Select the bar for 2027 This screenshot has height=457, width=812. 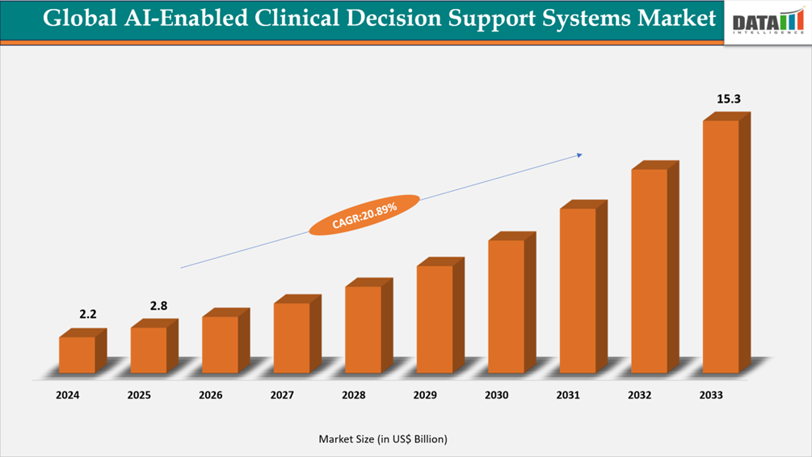point(292,337)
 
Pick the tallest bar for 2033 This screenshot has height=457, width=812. point(721,246)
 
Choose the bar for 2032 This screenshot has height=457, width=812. point(649,270)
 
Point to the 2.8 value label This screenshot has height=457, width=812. point(159,306)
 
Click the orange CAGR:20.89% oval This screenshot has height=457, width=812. point(364,215)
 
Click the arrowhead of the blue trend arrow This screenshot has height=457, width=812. point(578,154)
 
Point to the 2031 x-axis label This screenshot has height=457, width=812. point(568,396)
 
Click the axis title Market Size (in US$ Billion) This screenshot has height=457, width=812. point(383,439)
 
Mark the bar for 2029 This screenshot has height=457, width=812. point(435,319)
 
